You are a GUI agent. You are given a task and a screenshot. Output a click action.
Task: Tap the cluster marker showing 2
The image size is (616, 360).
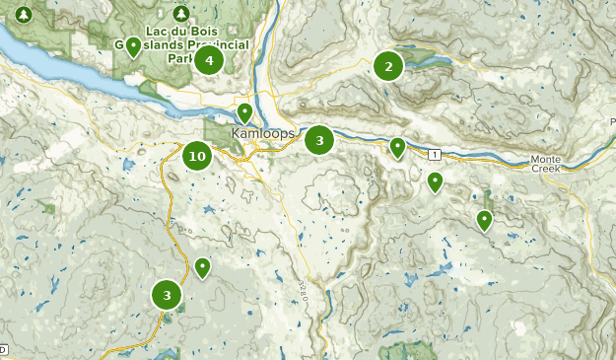[388, 66]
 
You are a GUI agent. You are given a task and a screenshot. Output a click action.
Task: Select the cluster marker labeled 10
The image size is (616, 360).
[197, 155]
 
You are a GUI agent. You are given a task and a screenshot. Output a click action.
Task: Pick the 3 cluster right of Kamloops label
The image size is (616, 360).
[319, 140]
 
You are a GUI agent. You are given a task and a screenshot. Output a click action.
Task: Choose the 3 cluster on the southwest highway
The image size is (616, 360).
[167, 294]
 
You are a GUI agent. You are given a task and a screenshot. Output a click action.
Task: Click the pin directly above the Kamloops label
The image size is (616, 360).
[244, 112]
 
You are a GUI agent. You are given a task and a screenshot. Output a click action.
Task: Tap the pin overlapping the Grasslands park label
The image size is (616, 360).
[133, 45]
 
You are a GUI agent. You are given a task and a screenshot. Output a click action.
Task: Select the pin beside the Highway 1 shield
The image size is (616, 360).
[397, 147]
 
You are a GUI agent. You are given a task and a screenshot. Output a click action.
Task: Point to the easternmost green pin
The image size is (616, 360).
[484, 219]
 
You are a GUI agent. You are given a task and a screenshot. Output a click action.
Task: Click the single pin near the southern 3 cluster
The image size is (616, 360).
[202, 266]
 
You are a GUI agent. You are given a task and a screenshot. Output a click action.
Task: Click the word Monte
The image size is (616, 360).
[545, 159]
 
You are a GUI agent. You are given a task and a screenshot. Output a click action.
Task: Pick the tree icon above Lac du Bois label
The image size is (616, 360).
[179, 14]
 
